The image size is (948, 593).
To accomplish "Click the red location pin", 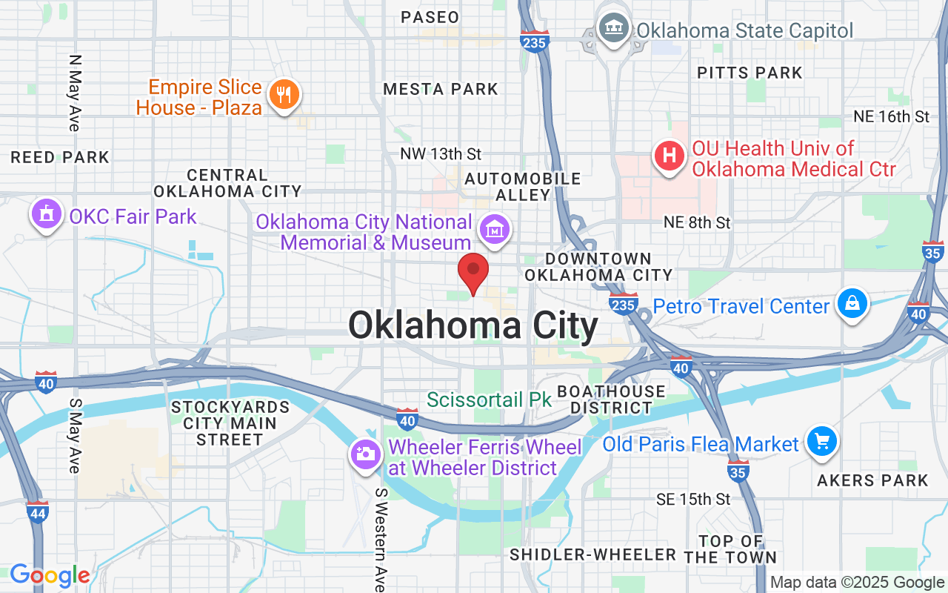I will [473, 272].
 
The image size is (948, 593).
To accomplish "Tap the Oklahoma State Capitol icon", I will [614, 30].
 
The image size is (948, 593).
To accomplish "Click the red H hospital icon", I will [669, 156].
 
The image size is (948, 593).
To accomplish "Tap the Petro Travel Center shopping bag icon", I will [852, 303].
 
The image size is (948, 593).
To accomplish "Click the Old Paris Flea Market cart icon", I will [821, 442].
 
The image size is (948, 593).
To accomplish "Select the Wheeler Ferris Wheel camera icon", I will [365, 454].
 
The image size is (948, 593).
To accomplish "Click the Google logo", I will [50, 575].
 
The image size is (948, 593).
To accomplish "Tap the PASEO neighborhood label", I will [430, 17].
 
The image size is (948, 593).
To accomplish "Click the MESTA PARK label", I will [441, 90].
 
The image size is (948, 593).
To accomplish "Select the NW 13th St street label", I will [441, 154].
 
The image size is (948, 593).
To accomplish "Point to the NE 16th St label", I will [891, 117].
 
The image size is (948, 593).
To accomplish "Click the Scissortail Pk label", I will [490, 400].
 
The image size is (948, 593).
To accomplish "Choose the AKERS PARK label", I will [872, 480].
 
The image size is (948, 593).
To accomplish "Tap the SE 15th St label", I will [693, 500].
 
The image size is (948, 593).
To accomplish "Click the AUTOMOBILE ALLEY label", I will [523, 187].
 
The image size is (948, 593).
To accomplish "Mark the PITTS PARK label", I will [750, 73].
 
